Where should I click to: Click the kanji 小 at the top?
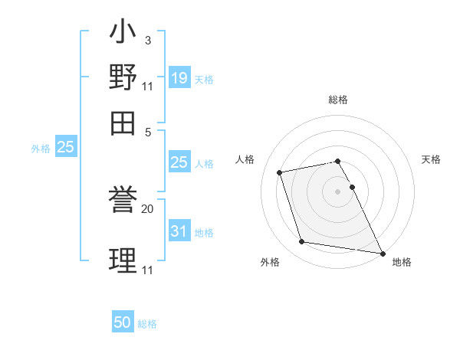pyautogui.click(x=123, y=34)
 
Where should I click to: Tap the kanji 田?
pyautogui.click(x=123, y=121)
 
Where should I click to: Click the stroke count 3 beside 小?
pyautogui.click(x=147, y=40)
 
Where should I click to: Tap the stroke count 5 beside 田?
pyautogui.click(x=147, y=131)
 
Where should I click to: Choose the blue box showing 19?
pyautogui.click(x=179, y=77)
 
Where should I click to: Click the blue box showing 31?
pyautogui.click(x=179, y=231)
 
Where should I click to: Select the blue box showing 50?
pyautogui.click(x=123, y=322)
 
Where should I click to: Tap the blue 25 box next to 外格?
pyautogui.click(x=65, y=148)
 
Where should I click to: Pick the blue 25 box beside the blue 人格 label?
pyautogui.click(x=179, y=162)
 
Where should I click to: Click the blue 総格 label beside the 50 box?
pyautogui.click(x=147, y=324)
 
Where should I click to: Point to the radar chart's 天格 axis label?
pyautogui.click(x=431, y=159)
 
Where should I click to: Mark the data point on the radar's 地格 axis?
pyautogui.click(x=381, y=252)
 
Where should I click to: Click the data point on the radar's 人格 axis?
pyautogui.click(x=280, y=172)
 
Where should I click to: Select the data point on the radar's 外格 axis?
pyautogui.click(x=302, y=242)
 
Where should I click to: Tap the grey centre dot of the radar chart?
pyautogui.click(x=338, y=191)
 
